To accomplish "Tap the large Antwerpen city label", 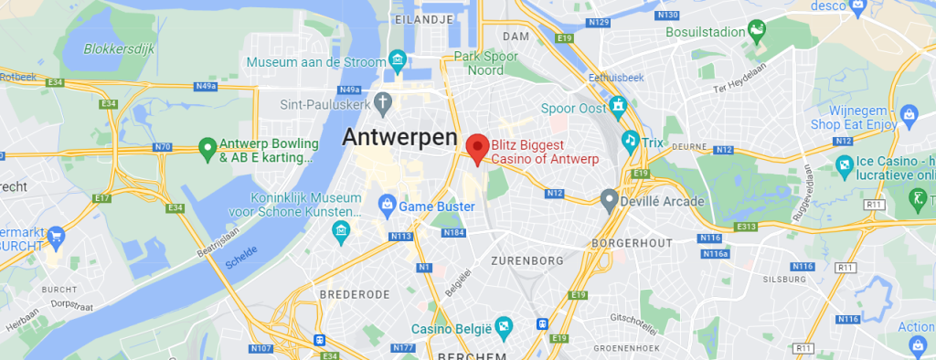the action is click(399, 138).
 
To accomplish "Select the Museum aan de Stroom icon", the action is click(398, 61).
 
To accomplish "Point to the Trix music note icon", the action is click(630, 141).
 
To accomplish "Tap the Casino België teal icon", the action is click(502, 326).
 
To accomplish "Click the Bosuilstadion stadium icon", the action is click(757, 34).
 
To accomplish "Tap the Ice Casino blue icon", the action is click(845, 164).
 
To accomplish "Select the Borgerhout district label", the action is click(632, 242).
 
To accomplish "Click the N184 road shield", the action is click(454, 233).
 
